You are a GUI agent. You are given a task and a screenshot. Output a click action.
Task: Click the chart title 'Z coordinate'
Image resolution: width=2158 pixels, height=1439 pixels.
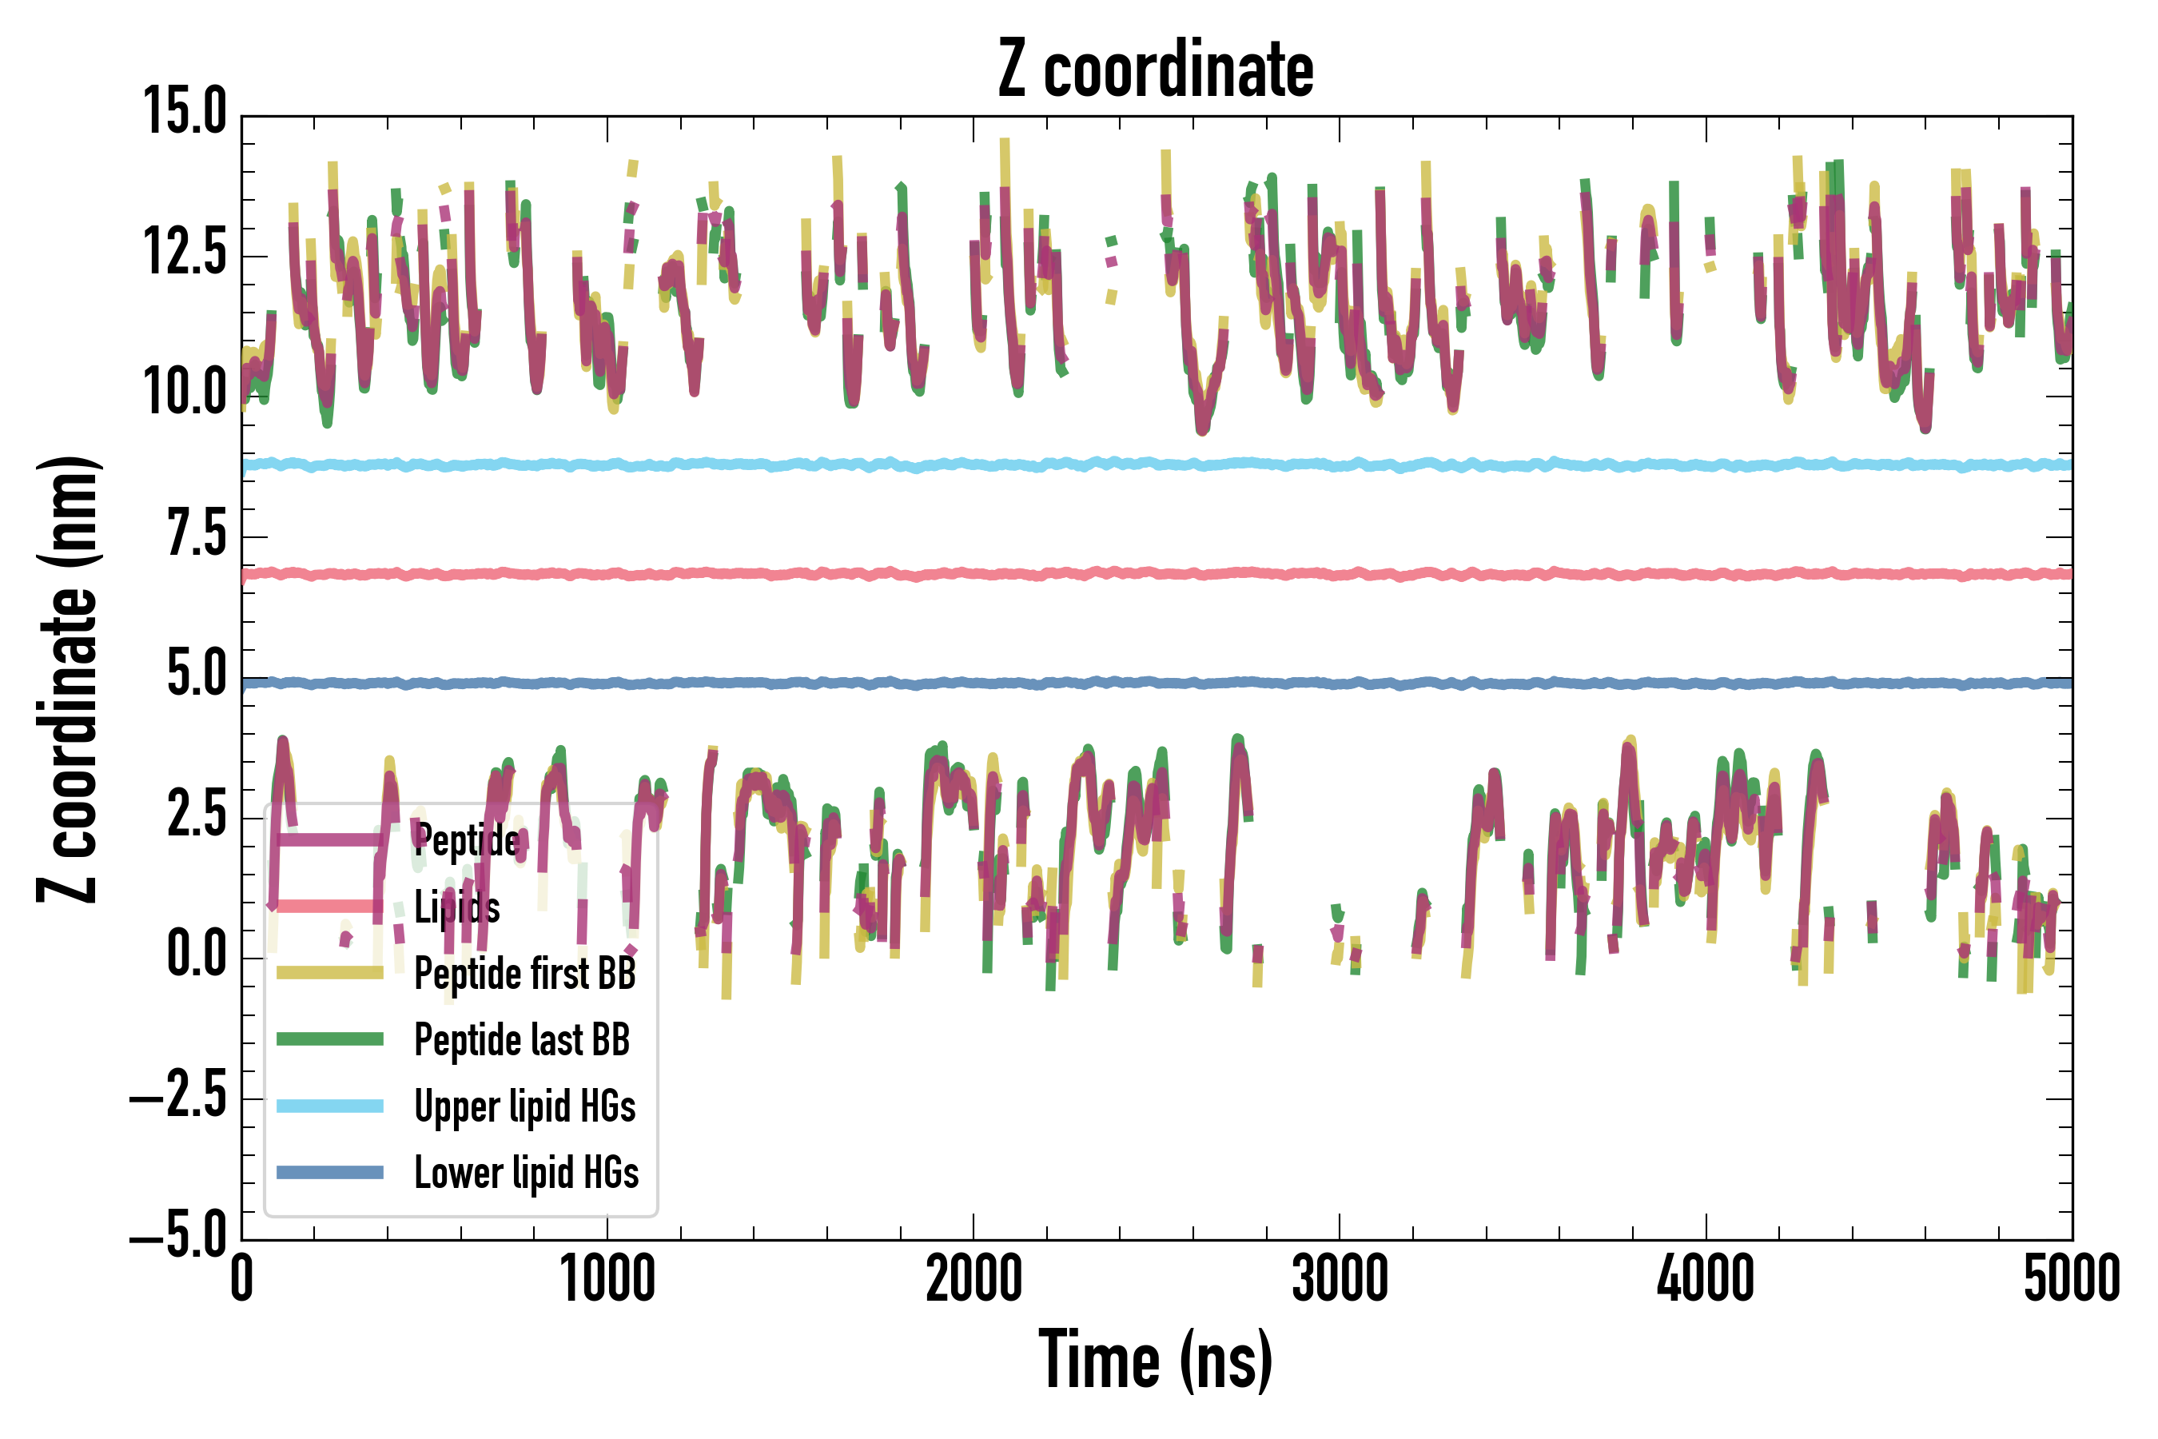[1155, 70]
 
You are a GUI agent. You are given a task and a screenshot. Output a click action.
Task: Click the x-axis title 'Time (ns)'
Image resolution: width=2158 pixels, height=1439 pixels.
[1155, 1361]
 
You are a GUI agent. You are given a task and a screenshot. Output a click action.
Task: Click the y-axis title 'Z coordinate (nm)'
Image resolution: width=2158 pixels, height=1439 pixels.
[68, 678]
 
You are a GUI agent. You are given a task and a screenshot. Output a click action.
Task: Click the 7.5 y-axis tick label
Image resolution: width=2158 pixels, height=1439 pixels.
[197, 533]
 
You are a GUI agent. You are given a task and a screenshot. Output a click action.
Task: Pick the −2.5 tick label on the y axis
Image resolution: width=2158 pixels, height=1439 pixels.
[179, 1095]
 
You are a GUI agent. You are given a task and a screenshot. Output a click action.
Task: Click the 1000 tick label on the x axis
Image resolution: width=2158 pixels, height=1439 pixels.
[607, 1279]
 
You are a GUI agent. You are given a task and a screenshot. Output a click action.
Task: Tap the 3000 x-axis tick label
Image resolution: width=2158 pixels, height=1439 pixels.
[1340, 1279]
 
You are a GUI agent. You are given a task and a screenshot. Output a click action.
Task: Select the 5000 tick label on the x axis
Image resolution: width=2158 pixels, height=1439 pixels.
[2072, 1279]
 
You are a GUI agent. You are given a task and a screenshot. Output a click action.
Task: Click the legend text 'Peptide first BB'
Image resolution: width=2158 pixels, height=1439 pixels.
[525, 974]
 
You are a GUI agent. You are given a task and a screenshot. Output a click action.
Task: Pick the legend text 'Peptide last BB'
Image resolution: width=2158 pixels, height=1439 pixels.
[522, 1040]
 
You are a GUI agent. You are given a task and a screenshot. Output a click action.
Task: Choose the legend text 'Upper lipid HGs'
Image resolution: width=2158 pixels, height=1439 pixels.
[525, 1106]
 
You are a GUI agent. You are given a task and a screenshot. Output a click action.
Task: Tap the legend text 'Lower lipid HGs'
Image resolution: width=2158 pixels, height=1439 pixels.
[527, 1173]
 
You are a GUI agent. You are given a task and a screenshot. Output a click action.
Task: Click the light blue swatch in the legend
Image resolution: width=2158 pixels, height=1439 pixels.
[330, 1106]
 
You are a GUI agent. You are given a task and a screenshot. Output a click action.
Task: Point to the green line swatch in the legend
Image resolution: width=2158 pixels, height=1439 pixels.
[330, 1038]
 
